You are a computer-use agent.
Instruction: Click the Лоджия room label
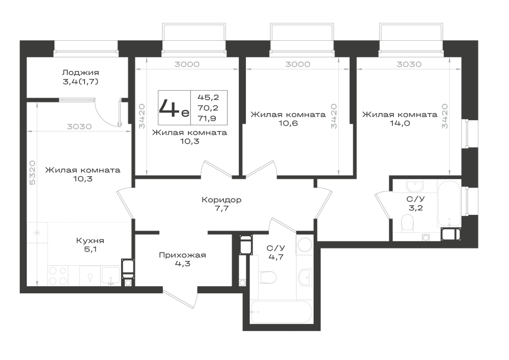click(80, 72)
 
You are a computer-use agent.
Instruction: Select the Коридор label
click(221, 200)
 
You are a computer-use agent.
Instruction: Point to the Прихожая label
click(182, 255)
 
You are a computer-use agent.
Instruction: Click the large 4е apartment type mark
click(174, 108)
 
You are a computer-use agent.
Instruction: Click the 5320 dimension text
click(33, 173)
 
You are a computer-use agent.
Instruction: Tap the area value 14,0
click(400, 123)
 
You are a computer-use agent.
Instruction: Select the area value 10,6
click(288, 123)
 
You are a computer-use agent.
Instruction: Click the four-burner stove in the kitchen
click(59, 275)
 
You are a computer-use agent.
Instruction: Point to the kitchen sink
click(110, 275)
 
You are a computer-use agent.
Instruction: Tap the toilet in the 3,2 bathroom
click(407, 224)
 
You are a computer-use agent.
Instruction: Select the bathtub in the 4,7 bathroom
click(281, 312)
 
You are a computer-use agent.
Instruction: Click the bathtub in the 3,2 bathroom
click(449, 203)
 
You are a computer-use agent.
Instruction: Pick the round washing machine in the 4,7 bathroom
click(304, 244)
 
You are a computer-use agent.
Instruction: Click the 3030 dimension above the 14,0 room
click(409, 64)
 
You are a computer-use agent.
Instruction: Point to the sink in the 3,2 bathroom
click(415, 186)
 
